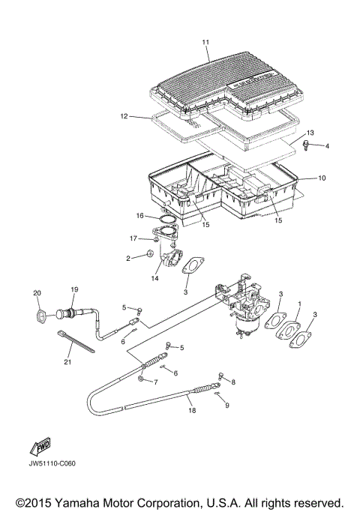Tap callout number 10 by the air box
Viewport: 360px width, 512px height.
coord(322,178)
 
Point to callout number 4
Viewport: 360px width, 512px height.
coord(325,145)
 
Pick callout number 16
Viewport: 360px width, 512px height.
coord(139,215)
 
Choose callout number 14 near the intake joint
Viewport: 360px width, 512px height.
coord(155,278)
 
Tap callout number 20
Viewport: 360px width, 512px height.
coord(37,292)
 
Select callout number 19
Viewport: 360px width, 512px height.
coord(74,289)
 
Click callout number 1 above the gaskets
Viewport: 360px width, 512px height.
coord(300,304)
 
